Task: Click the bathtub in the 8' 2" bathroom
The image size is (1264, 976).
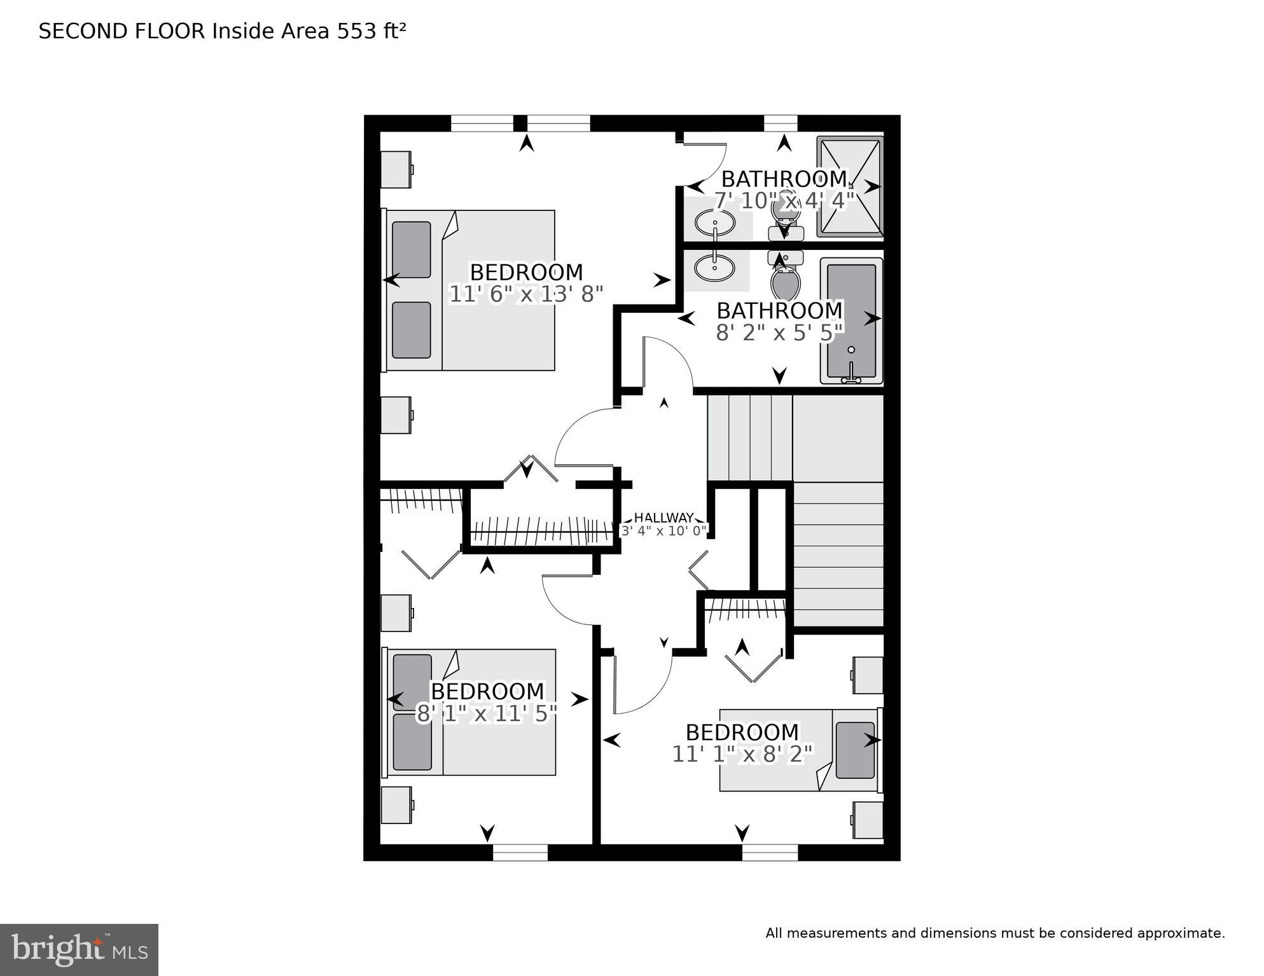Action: pyautogui.click(x=851, y=320)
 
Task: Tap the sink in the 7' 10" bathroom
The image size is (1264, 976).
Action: pyautogui.click(x=714, y=223)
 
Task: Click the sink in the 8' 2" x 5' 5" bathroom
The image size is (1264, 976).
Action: pyautogui.click(x=714, y=268)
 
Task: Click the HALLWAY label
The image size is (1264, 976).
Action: pyautogui.click(x=663, y=518)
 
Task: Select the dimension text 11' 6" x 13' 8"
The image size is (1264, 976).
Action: pyautogui.click(x=525, y=294)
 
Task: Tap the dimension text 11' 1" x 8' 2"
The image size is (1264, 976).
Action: pyautogui.click(x=742, y=754)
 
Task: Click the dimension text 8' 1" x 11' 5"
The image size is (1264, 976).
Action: pyautogui.click(x=487, y=713)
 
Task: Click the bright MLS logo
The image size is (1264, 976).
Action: pyautogui.click(x=79, y=950)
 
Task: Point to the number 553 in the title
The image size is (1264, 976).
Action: pyautogui.click(x=356, y=31)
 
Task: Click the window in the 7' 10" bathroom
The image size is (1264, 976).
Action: pyautogui.click(x=780, y=123)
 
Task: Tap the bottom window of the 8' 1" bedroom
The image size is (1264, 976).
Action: pyautogui.click(x=520, y=852)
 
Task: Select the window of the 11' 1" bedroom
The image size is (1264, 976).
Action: pyautogui.click(x=770, y=852)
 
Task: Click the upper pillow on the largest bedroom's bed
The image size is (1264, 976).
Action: pyautogui.click(x=412, y=249)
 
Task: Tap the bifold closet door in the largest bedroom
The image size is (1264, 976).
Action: pyautogui.click(x=531, y=469)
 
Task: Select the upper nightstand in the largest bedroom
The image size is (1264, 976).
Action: pyautogui.click(x=395, y=169)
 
